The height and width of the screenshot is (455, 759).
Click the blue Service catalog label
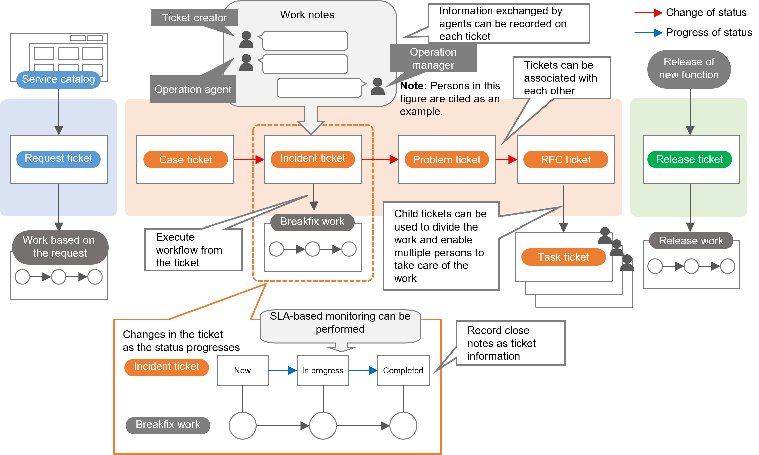[x=58, y=79]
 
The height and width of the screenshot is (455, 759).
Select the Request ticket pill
[x=58, y=159]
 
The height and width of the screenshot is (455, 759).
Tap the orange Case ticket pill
[x=185, y=160]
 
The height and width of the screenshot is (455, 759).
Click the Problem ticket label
[x=447, y=160]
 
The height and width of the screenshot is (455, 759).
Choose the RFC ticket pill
[x=565, y=160]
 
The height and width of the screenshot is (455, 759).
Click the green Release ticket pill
[x=689, y=159]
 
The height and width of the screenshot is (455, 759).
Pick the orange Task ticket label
[x=563, y=257]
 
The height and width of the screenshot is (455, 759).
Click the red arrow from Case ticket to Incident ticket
[x=249, y=160]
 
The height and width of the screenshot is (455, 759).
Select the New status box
[x=242, y=370]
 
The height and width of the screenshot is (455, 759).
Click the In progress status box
[x=323, y=370]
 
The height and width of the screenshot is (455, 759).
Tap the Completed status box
[x=403, y=370]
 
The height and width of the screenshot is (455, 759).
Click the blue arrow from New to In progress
[x=282, y=370]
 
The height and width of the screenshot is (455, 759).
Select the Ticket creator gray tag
[x=195, y=17]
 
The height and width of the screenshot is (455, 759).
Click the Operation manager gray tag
[x=433, y=58]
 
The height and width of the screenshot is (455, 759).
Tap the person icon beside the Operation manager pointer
[x=378, y=86]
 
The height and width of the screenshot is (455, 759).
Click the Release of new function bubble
[x=689, y=69]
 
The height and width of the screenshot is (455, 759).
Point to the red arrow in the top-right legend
[x=648, y=13]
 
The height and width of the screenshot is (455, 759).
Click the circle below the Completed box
[x=403, y=426]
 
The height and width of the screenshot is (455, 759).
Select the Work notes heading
[x=307, y=15]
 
